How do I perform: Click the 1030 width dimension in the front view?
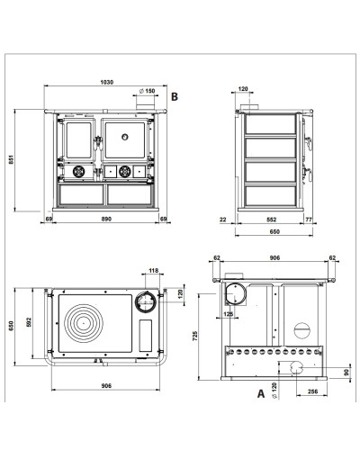pyautogui.click(x=107, y=82)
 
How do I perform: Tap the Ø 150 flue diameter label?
pyautogui.click(x=147, y=91)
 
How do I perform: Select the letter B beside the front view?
pyautogui.click(x=175, y=96)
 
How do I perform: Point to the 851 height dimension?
pyautogui.click(x=11, y=159)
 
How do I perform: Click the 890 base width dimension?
pyautogui.click(x=106, y=219)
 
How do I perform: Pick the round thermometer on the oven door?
pyautogui.click(x=125, y=137)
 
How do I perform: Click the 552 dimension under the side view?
pyautogui.click(x=271, y=220)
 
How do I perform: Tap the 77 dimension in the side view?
pyautogui.click(x=309, y=220)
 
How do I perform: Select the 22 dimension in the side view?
pyautogui.click(x=222, y=220)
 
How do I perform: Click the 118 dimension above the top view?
pyautogui.click(x=153, y=271)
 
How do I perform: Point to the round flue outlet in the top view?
pyautogui.click(x=146, y=301)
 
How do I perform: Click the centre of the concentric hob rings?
pyautogui.click(x=84, y=323)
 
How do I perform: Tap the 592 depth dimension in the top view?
pyautogui.click(x=29, y=322)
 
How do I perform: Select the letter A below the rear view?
pyautogui.click(x=261, y=393)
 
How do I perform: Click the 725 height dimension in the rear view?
pyautogui.click(x=195, y=336)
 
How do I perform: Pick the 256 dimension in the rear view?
pyautogui.click(x=312, y=391)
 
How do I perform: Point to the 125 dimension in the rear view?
pyautogui.click(x=229, y=314)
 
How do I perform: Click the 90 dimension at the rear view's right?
pyautogui.click(x=346, y=373)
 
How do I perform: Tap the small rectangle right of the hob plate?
pyautogui.click(x=146, y=336)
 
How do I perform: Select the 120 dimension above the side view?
pyautogui.click(x=243, y=89)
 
